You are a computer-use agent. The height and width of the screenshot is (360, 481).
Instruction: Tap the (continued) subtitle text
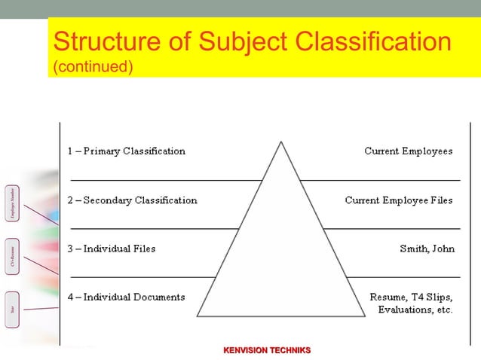coord(93,67)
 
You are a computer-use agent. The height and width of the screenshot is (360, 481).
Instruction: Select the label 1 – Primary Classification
coord(126,151)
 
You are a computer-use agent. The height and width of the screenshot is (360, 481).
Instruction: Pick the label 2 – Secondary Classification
coord(132,200)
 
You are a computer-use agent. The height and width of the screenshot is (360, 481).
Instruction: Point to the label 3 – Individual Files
coord(111,249)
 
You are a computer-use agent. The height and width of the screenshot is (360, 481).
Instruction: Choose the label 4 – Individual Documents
coord(126,297)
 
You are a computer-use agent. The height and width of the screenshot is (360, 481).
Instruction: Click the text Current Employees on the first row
coord(408,151)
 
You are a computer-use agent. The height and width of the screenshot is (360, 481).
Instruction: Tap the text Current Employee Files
coord(399,200)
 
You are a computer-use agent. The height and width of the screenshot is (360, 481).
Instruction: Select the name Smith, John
coord(427,249)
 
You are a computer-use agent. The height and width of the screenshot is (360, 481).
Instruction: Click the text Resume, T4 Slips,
coord(411,297)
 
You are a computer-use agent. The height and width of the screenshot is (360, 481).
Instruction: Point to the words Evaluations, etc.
coord(415,310)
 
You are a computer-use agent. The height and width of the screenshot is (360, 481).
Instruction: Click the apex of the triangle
coord(281,141)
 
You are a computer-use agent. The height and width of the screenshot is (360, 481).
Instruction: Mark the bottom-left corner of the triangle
coord(198,316)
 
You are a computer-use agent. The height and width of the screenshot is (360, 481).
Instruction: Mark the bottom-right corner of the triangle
coord(366,316)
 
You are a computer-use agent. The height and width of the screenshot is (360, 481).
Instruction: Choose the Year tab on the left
coord(12,309)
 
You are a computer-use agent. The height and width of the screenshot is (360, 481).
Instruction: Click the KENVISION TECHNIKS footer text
coord(267,350)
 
